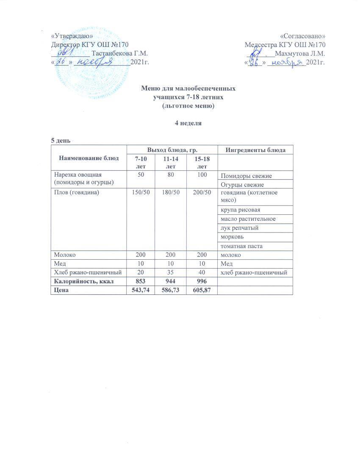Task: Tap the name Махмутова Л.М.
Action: coord(299,54)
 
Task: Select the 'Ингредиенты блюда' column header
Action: coord(255,150)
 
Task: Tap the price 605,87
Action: coord(202,290)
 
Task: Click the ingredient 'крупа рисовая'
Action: coord(240,210)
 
